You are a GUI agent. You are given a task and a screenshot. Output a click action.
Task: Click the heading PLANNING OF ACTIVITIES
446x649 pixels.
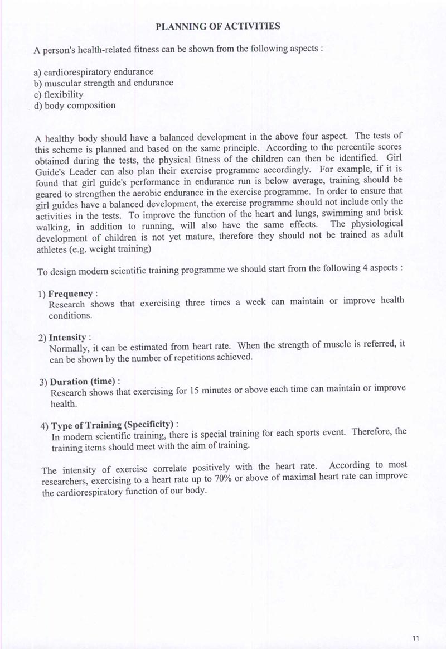coord(217,26)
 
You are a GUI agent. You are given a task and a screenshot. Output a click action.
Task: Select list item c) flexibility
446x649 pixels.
coord(59,94)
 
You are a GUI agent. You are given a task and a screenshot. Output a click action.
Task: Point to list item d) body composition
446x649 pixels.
coord(75,105)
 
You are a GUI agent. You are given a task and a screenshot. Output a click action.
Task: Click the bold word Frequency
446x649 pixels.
coord(70,294)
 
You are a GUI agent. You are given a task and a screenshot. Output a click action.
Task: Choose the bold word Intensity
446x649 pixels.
coord(67,338)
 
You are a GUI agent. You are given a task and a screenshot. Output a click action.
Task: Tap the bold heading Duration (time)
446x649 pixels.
coord(83,382)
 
